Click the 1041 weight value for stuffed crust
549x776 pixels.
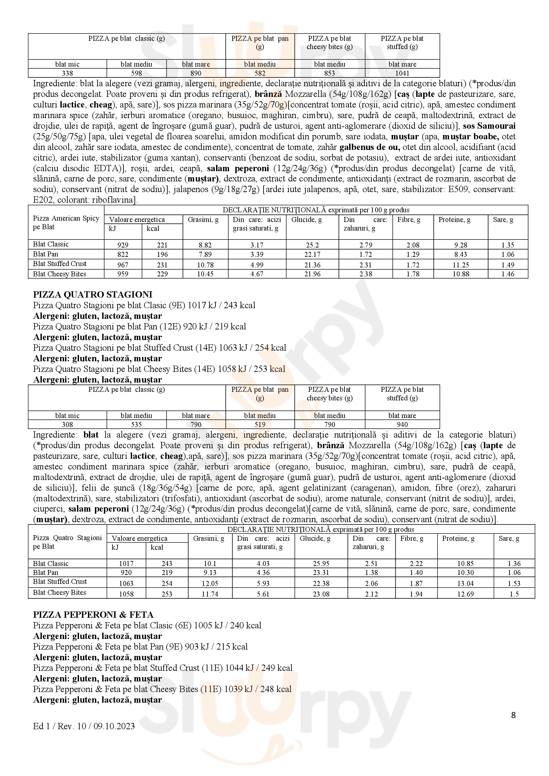[402, 73]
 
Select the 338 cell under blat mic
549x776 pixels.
[67, 73]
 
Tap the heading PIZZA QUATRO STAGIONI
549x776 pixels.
[93, 294]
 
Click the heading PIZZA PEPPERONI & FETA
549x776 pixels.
[93, 614]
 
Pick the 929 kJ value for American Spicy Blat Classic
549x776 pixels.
[122, 245]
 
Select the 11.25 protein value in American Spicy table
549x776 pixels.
[461, 265]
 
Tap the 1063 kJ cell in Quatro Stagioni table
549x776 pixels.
[126, 583]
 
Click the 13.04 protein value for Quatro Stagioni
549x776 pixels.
[465, 583]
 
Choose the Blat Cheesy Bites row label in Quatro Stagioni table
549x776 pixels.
[59, 593]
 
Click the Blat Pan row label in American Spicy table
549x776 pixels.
[45, 254]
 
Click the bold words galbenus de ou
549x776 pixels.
[370, 147]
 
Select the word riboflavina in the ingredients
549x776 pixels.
[113, 200]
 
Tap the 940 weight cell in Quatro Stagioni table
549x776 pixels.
[402, 425]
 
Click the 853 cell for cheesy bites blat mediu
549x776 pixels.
[329, 73]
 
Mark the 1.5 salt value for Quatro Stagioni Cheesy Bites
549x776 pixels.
[514, 594]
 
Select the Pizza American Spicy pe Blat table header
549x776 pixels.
[66, 222]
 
